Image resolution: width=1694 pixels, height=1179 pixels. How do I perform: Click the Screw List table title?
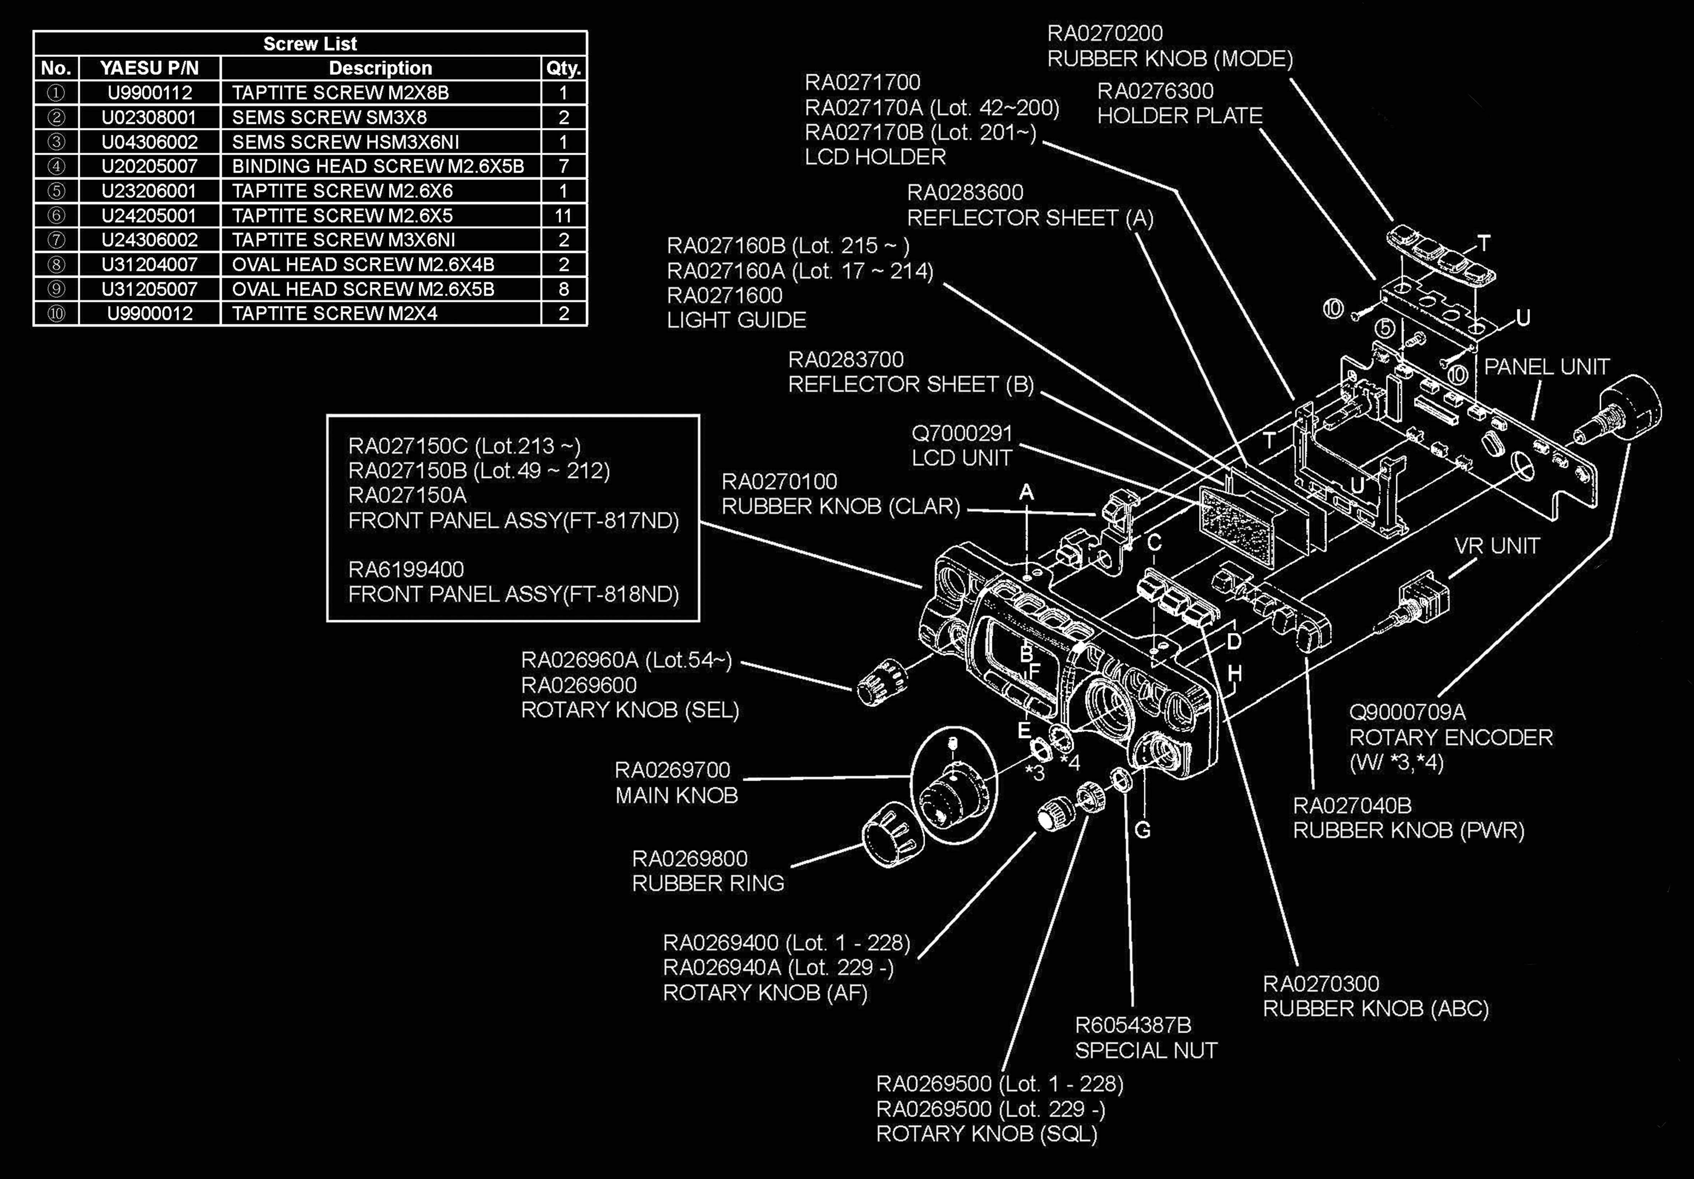point(310,43)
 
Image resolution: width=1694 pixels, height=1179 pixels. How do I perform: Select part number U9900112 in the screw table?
point(150,93)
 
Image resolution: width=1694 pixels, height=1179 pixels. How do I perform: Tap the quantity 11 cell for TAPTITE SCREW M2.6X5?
point(564,215)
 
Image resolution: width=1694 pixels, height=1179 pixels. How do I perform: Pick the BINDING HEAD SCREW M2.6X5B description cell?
point(378,166)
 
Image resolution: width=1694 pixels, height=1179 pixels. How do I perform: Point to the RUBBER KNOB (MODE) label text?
point(1170,58)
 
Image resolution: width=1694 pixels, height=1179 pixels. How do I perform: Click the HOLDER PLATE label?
point(1180,116)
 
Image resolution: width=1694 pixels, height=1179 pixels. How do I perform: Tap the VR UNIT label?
point(1497,546)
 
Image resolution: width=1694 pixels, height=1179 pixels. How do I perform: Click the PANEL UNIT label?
point(1546,367)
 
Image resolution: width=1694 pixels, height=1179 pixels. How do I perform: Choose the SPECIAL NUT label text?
point(1146,1050)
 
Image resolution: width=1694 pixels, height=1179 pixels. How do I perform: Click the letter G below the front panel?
point(1142,830)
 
